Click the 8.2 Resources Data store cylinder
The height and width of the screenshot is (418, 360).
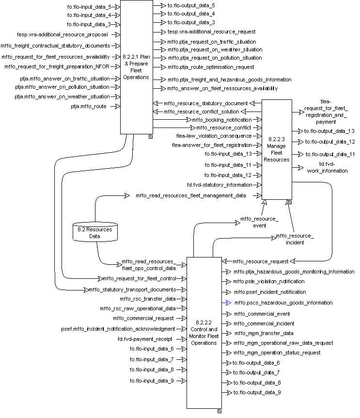point(95,232)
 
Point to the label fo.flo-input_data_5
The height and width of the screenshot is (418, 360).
point(89,7)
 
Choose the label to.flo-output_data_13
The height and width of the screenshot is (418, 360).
point(329,131)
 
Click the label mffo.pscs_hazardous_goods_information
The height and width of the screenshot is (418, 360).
point(283,303)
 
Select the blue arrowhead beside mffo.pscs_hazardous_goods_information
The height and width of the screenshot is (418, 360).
point(225,303)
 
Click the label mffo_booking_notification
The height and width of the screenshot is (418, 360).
point(222,119)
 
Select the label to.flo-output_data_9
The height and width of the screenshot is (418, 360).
point(256,392)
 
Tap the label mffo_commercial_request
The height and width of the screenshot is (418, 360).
point(144,318)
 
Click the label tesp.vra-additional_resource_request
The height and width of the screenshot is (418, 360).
point(212,32)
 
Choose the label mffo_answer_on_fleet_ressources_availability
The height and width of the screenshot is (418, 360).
point(222,88)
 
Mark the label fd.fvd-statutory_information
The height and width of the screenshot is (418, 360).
point(219,185)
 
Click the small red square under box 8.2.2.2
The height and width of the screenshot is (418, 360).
point(219,411)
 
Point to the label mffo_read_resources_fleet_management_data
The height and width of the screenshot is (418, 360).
point(190,195)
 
